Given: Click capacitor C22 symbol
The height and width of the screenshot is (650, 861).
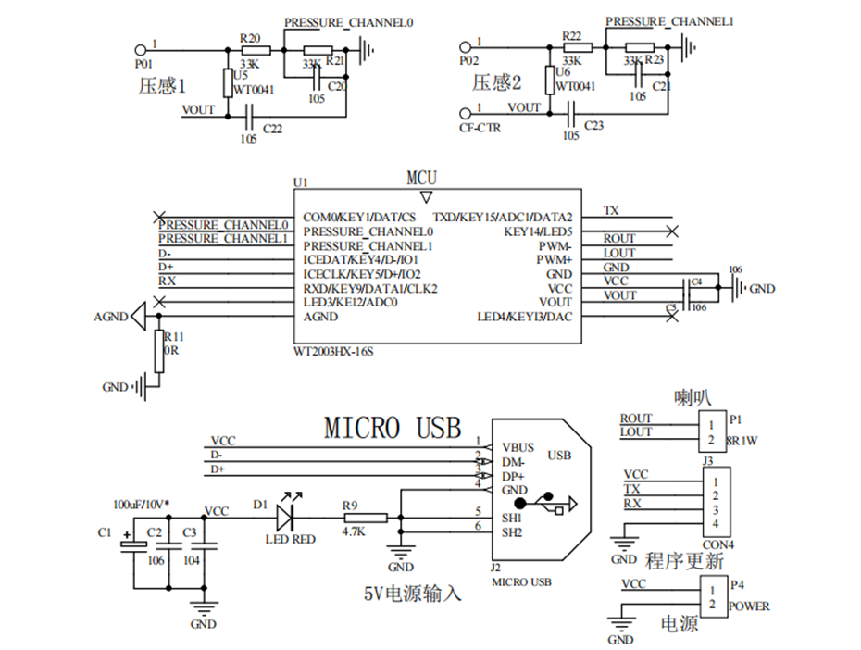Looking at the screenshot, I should (248, 116).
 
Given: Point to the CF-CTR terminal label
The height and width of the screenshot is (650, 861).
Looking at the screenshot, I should (480, 128).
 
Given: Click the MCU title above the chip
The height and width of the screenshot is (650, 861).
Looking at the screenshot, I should (422, 178).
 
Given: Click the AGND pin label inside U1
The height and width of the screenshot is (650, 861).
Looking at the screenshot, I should (319, 317).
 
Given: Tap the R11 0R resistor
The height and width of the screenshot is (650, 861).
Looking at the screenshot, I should (159, 352).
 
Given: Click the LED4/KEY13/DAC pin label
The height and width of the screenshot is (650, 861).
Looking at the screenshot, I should (524, 317).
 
